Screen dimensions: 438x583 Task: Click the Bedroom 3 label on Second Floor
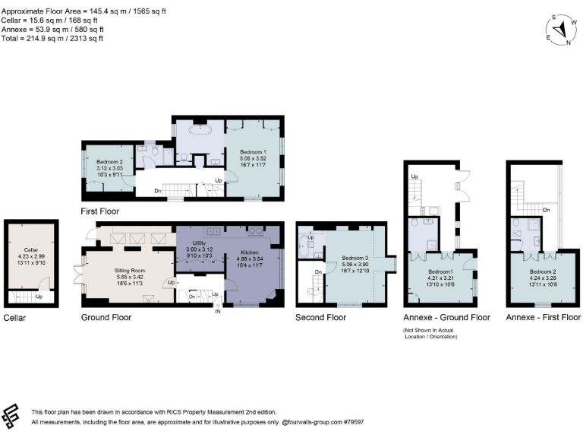[355, 257]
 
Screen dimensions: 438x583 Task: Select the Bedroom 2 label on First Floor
[109, 162]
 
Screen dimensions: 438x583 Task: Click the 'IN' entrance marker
[218, 311]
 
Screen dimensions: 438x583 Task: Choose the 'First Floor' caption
[100, 211]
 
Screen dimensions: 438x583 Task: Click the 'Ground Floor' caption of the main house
[106, 317]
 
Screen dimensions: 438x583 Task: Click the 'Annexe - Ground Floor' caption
[446, 317]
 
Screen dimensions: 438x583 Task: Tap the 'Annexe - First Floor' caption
[543, 317]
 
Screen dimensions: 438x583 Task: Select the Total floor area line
[52, 38]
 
